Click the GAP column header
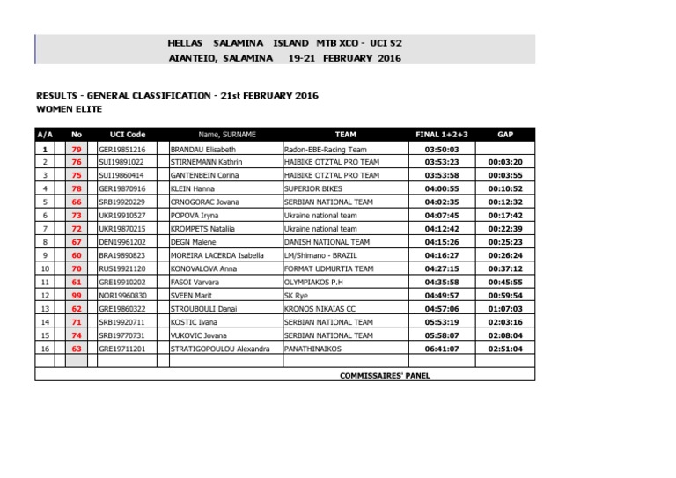pos(505,135)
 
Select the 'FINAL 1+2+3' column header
pos(441,135)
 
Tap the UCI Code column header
pos(128,135)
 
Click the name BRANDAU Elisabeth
pos(203,150)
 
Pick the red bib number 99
pos(77,296)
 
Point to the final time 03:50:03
pos(441,150)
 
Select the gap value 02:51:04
pos(505,349)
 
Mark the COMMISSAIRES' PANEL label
pos(385,375)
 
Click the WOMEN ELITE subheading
pos(69,109)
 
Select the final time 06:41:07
pos(441,349)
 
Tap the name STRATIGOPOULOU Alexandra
pos(220,349)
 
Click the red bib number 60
pos(77,255)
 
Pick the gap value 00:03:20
pos(505,162)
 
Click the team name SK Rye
pos(298,296)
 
